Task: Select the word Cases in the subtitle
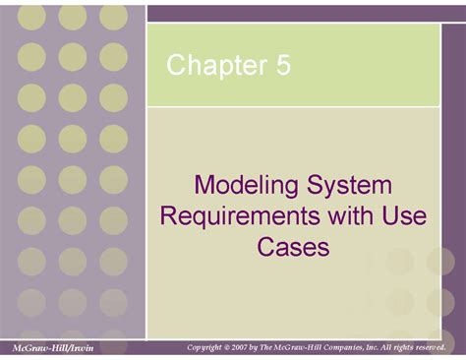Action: (292, 246)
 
